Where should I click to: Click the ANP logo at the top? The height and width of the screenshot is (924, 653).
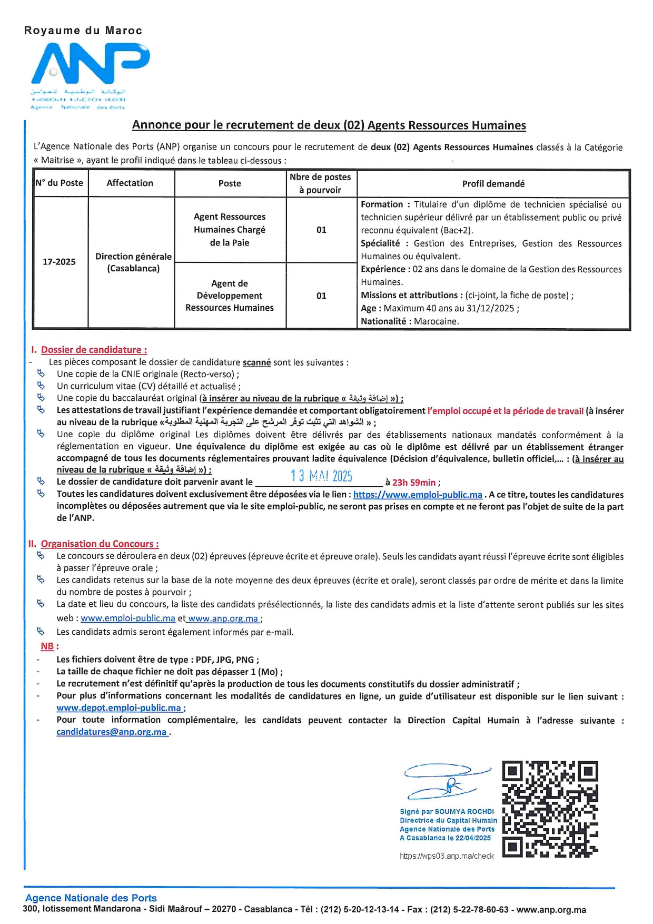pyautogui.click(x=91, y=66)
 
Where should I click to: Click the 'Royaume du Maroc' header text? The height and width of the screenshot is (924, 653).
pyautogui.click(x=83, y=31)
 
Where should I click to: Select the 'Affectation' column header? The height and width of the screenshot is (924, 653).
pyautogui.click(x=130, y=183)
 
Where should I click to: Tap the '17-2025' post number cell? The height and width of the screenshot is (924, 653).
pyautogui.click(x=59, y=262)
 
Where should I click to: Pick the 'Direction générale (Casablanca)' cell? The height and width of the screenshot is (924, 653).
pyautogui.click(x=133, y=262)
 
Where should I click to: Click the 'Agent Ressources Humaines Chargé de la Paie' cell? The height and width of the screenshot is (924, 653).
pyautogui.click(x=230, y=230)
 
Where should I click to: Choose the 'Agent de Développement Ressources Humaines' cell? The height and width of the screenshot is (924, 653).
pyautogui.click(x=230, y=296)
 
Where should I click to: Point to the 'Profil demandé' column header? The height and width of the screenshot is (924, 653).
pyautogui.click(x=493, y=184)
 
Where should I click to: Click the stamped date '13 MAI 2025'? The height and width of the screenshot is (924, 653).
pyautogui.click(x=321, y=476)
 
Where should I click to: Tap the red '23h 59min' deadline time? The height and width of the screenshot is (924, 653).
pyautogui.click(x=414, y=483)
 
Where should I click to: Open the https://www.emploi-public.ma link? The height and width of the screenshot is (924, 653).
pyautogui.click(x=418, y=495)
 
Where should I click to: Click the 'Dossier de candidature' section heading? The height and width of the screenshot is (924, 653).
pyautogui.click(x=94, y=350)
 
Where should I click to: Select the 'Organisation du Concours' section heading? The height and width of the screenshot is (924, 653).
pyautogui.click(x=100, y=544)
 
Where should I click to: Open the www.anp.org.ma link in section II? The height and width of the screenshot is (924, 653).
pyautogui.click(x=223, y=618)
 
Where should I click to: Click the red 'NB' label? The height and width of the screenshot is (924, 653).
pyautogui.click(x=47, y=646)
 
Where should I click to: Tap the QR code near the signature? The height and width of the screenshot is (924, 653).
pyautogui.click(x=550, y=809)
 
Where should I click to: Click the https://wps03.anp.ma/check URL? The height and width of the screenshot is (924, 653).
pyautogui.click(x=447, y=856)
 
